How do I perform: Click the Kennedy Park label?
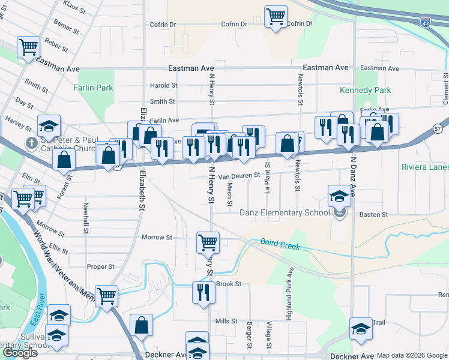365,90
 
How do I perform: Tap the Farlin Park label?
93,88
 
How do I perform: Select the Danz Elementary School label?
285,212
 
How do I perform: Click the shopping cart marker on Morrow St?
208,242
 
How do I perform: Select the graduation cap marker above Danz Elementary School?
339,195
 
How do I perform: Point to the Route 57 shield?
438,128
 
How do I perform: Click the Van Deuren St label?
238,176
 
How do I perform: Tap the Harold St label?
163,86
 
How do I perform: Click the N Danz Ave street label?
354,181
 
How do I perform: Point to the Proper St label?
100,266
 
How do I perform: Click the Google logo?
20,353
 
